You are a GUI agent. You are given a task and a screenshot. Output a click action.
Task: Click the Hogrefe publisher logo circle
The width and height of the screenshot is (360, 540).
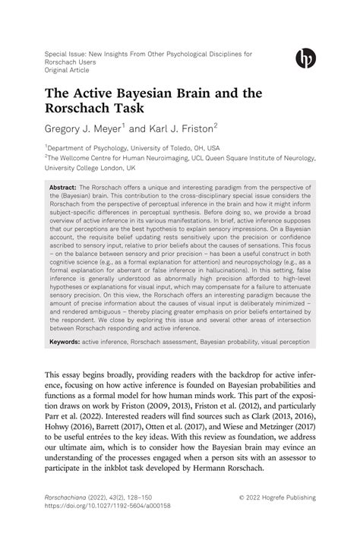[x=305, y=58]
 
